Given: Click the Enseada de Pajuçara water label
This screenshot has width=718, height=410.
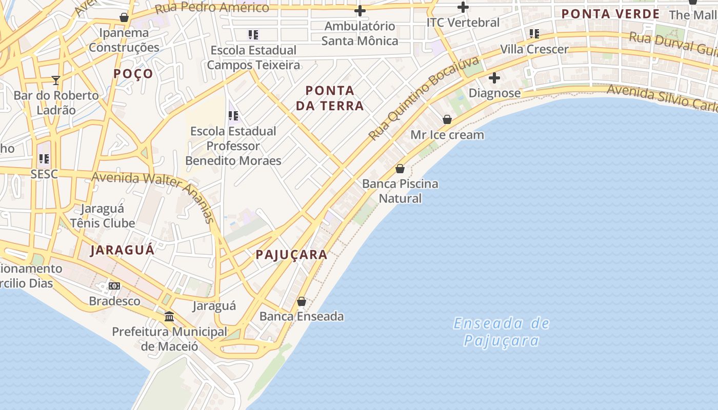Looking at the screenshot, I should tap(502, 332).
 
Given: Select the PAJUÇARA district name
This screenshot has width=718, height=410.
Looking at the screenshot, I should tap(291, 255).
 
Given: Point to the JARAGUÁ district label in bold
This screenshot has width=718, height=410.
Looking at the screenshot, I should tap(122, 250).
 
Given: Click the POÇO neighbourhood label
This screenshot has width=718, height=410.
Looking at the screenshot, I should tap(133, 74).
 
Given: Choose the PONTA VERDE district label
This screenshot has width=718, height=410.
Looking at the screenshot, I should tap(610, 14).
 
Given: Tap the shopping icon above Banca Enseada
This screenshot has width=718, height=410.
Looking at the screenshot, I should tap(302, 301).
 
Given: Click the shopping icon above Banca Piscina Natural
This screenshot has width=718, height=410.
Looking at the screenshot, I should tap(400, 169).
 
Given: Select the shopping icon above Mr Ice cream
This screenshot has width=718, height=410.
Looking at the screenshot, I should tap(447, 119).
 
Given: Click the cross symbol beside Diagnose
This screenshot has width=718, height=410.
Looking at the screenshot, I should tap(494, 78).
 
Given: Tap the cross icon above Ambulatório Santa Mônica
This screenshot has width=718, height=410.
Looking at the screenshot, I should tap(360, 11).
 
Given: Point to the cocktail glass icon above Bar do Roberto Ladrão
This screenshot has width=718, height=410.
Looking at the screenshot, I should tap(56, 80).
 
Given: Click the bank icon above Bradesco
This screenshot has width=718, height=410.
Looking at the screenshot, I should tap(114, 286).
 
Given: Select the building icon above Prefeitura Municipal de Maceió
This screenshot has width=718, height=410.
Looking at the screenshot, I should tap(169, 316).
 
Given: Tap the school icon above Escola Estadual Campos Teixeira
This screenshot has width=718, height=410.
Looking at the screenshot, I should tap(253, 35).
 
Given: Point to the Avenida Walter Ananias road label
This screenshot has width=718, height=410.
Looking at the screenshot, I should tap(154, 192).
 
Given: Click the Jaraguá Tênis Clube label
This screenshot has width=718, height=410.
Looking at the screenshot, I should tap(103, 216).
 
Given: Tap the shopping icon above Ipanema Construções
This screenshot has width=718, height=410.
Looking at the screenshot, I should tap(124, 17).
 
